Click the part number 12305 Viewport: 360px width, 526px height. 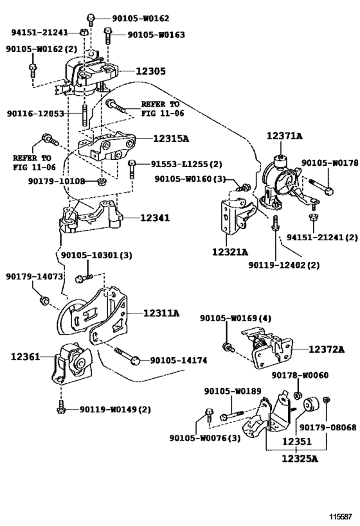150,71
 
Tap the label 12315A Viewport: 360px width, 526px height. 171,138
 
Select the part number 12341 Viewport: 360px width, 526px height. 155,218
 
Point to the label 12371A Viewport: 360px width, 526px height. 284,136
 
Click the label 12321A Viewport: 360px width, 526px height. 230,251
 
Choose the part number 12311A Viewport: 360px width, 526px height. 161,313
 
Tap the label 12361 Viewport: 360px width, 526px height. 25,356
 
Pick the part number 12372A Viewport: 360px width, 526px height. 327,349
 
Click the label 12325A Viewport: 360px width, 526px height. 299,458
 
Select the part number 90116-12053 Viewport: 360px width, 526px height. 35,114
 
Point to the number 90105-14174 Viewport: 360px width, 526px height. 178,360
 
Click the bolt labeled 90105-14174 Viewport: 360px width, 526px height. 127,356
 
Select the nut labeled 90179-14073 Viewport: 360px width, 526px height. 44,300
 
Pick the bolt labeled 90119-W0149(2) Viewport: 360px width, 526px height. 61,407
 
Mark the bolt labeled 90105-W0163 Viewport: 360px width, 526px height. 107,36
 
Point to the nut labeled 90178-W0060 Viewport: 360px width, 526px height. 297,395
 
